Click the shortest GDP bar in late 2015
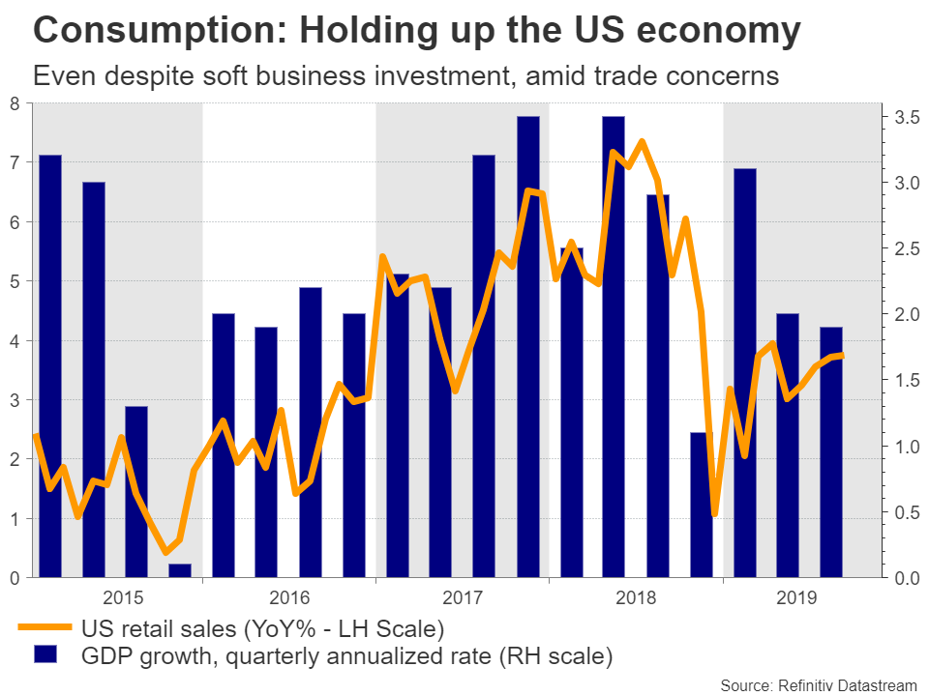(x=180, y=570)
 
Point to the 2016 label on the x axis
(x=288, y=596)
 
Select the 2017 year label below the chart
(x=462, y=596)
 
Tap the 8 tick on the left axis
(x=14, y=104)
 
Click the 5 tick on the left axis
(x=14, y=282)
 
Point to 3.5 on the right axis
(x=907, y=118)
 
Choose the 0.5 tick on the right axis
(x=907, y=512)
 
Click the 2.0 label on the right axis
(x=907, y=315)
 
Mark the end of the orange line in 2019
(x=843, y=355)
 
